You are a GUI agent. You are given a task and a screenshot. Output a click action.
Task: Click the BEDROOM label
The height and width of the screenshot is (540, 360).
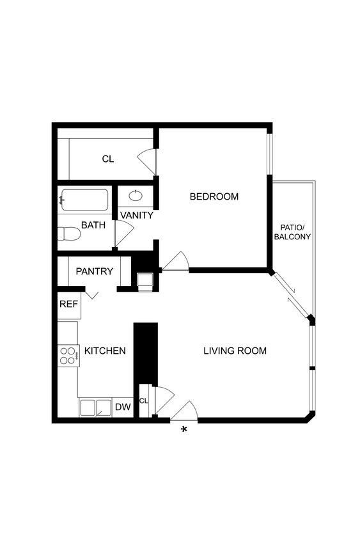coord(214,196)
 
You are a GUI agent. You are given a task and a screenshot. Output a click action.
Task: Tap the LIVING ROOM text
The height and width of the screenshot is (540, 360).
coord(235,351)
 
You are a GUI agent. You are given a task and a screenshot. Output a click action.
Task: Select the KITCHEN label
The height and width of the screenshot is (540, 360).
coord(105,351)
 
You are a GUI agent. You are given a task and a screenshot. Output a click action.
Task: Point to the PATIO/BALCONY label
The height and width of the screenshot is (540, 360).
coord(292,232)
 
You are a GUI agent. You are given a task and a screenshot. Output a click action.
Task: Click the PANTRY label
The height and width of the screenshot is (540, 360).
coord(94,271)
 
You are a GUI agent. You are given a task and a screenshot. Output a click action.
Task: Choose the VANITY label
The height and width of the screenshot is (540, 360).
coord(136,215)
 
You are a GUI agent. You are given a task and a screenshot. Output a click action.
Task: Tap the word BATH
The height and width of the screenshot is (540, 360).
coord(93,225)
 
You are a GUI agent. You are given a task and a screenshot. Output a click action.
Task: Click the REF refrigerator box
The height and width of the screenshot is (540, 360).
coord(68,305)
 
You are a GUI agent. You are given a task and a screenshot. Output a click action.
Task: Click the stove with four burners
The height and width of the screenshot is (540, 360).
coord(68,355)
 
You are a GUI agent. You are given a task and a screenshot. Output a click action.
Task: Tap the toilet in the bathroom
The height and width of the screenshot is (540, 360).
coord(68,234)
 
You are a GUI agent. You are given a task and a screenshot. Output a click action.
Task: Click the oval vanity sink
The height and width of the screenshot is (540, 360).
coord(136,196)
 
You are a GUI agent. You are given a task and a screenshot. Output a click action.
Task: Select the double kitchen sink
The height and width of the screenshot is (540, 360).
coord(95,407)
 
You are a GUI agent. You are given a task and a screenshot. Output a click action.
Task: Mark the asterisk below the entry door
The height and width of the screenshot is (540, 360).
coord(184,429)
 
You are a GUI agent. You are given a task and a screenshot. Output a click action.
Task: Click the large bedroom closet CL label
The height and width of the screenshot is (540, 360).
coord(107,159)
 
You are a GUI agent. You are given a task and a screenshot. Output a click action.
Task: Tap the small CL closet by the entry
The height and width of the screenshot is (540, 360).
coord(144,401)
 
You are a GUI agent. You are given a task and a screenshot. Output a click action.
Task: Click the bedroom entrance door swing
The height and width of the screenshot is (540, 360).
coord(175,262)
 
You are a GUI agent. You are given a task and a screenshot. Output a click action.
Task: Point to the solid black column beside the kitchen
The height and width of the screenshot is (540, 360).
coord(145,353)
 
